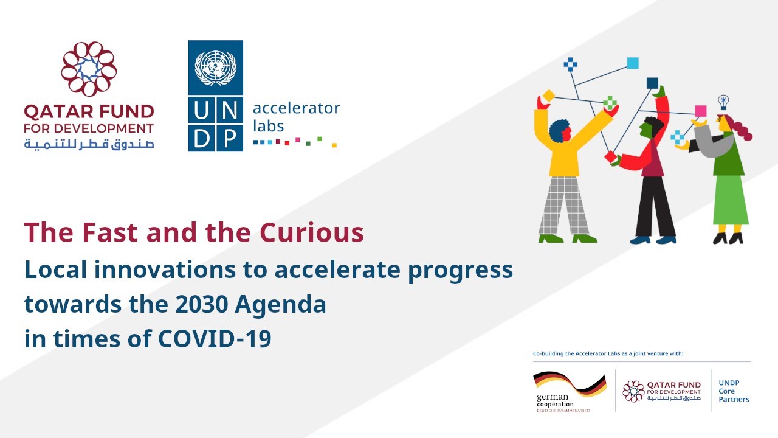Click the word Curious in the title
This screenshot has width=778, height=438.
[x=312, y=233]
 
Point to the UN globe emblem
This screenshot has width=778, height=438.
[x=215, y=68]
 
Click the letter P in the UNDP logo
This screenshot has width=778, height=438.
[x=229, y=137]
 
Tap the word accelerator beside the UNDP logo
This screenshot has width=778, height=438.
[x=296, y=109]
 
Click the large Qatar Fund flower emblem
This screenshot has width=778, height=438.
[x=89, y=69]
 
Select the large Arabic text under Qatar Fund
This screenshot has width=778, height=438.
[x=89, y=144]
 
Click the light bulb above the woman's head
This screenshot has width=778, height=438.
[x=723, y=101]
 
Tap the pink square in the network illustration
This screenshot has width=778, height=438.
[x=700, y=111]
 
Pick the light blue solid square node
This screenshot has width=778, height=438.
[x=633, y=63]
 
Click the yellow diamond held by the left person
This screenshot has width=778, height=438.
[x=548, y=96]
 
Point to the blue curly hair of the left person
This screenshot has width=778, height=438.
[x=559, y=130]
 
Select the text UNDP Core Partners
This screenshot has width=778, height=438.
[x=734, y=391]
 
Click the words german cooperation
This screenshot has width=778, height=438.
[x=554, y=400]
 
